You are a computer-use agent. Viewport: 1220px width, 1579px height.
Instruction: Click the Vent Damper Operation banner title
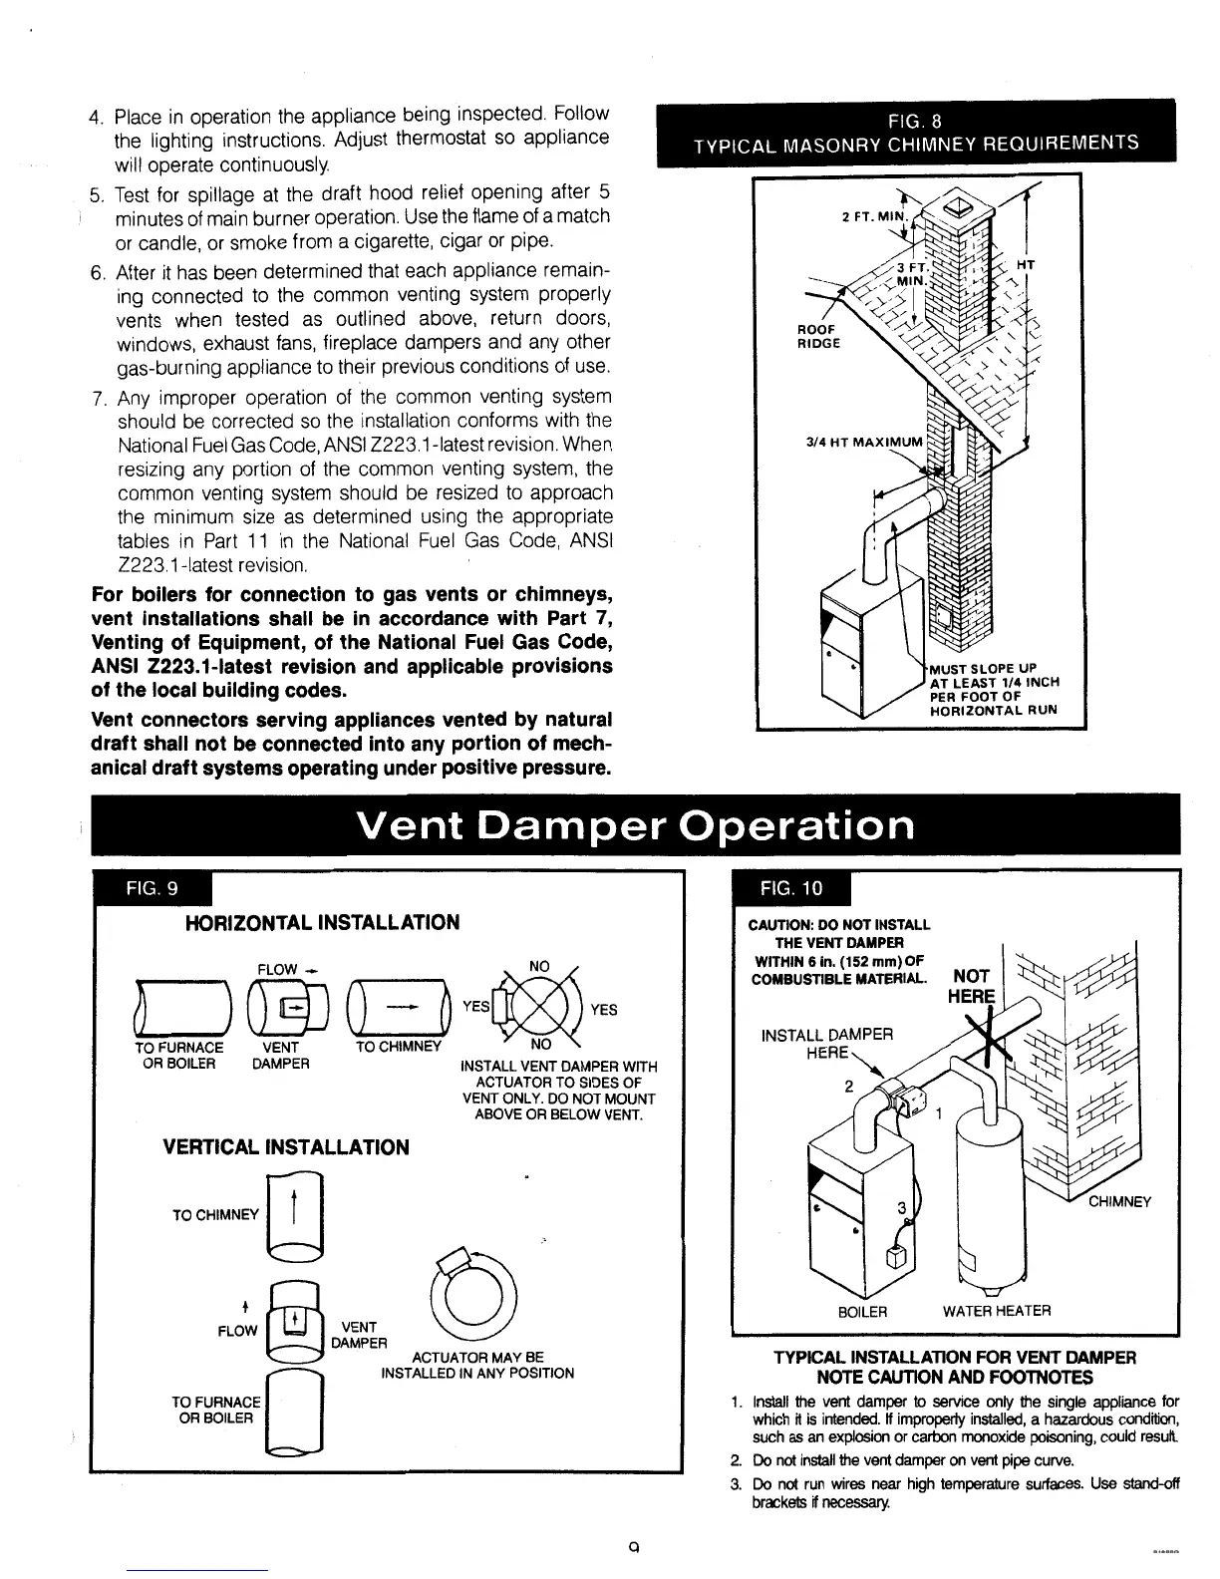point(635,825)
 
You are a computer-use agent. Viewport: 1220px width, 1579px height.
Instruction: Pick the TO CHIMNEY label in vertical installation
point(215,1215)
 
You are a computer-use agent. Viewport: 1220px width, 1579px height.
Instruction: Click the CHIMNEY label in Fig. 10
point(1119,1201)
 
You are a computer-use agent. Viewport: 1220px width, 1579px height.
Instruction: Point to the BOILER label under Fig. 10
point(862,1311)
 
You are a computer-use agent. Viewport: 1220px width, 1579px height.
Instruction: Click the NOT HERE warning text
point(973,987)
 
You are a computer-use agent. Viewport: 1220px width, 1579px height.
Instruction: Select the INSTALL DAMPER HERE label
point(827,1044)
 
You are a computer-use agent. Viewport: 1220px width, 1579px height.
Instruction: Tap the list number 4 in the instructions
point(96,117)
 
